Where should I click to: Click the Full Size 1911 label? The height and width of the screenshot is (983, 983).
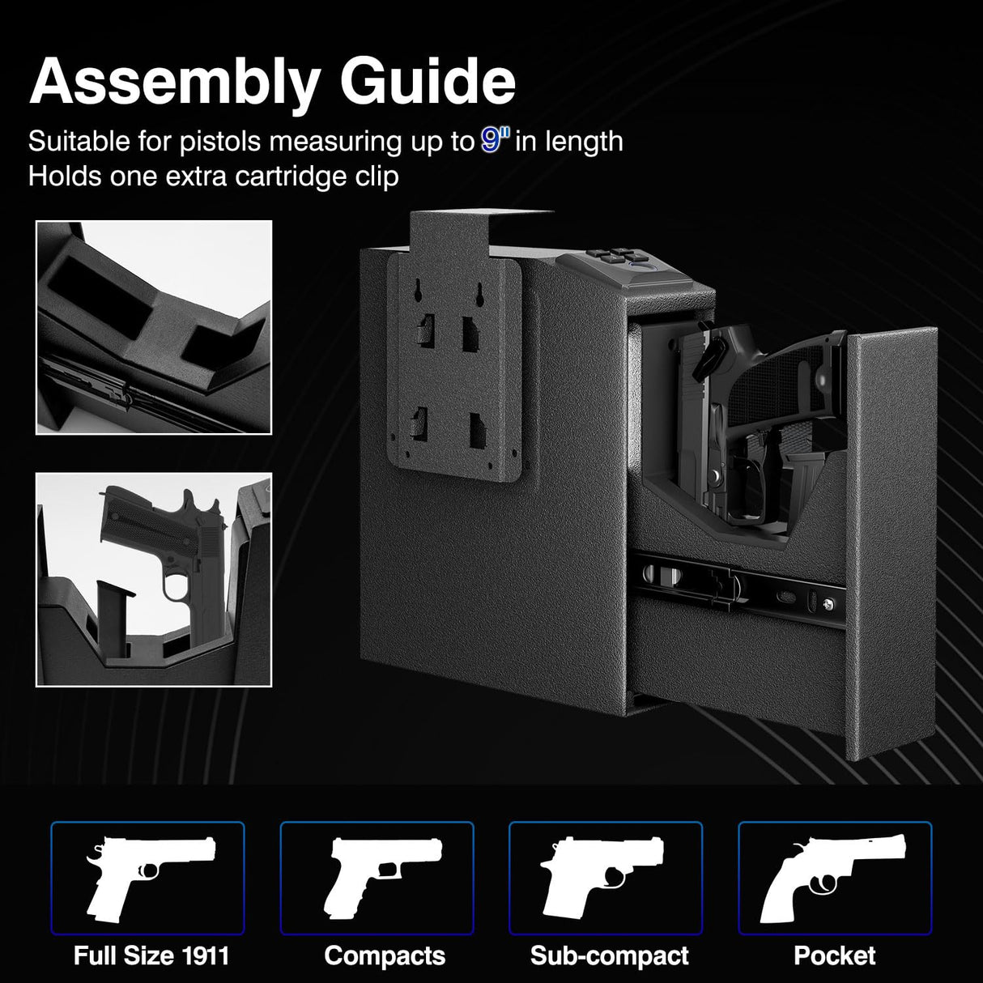[x=151, y=955]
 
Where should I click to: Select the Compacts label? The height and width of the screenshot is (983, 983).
[x=385, y=955]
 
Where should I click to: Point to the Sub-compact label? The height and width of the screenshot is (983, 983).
[x=609, y=955]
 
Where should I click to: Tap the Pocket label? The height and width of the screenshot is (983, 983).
[x=834, y=955]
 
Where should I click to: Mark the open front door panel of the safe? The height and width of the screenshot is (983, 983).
[x=891, y=543]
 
